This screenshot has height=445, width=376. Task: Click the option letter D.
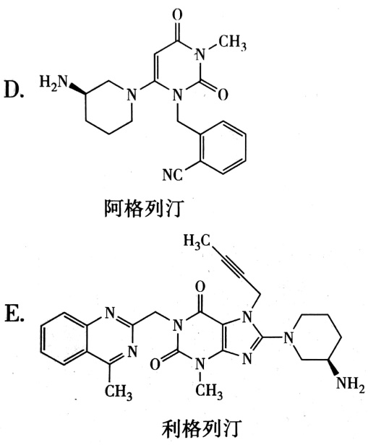point(14,89)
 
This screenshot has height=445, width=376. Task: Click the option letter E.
point(14,313)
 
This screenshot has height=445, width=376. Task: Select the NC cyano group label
point(172,175)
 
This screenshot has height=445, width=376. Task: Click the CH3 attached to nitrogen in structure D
point(232,43)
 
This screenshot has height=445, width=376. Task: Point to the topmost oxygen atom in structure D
point(177,14)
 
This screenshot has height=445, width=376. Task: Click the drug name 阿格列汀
point(144,209)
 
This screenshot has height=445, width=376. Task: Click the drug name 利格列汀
point(202,429)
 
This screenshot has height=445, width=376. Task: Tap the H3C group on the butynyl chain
point(197,242)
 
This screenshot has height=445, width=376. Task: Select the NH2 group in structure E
point(351,384)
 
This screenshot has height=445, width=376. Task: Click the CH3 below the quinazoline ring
point(119,392)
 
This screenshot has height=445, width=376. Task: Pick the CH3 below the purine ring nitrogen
point(209,391)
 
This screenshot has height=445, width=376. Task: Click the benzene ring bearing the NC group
point(223,147)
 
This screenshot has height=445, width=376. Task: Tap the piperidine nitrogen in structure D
point(131,94)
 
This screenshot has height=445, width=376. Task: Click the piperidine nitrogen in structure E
point(289,337)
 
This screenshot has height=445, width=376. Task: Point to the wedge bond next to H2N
point(77,88)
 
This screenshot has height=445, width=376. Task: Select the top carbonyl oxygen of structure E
point(200,288)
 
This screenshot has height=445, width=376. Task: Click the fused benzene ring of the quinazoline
point(63,338)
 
